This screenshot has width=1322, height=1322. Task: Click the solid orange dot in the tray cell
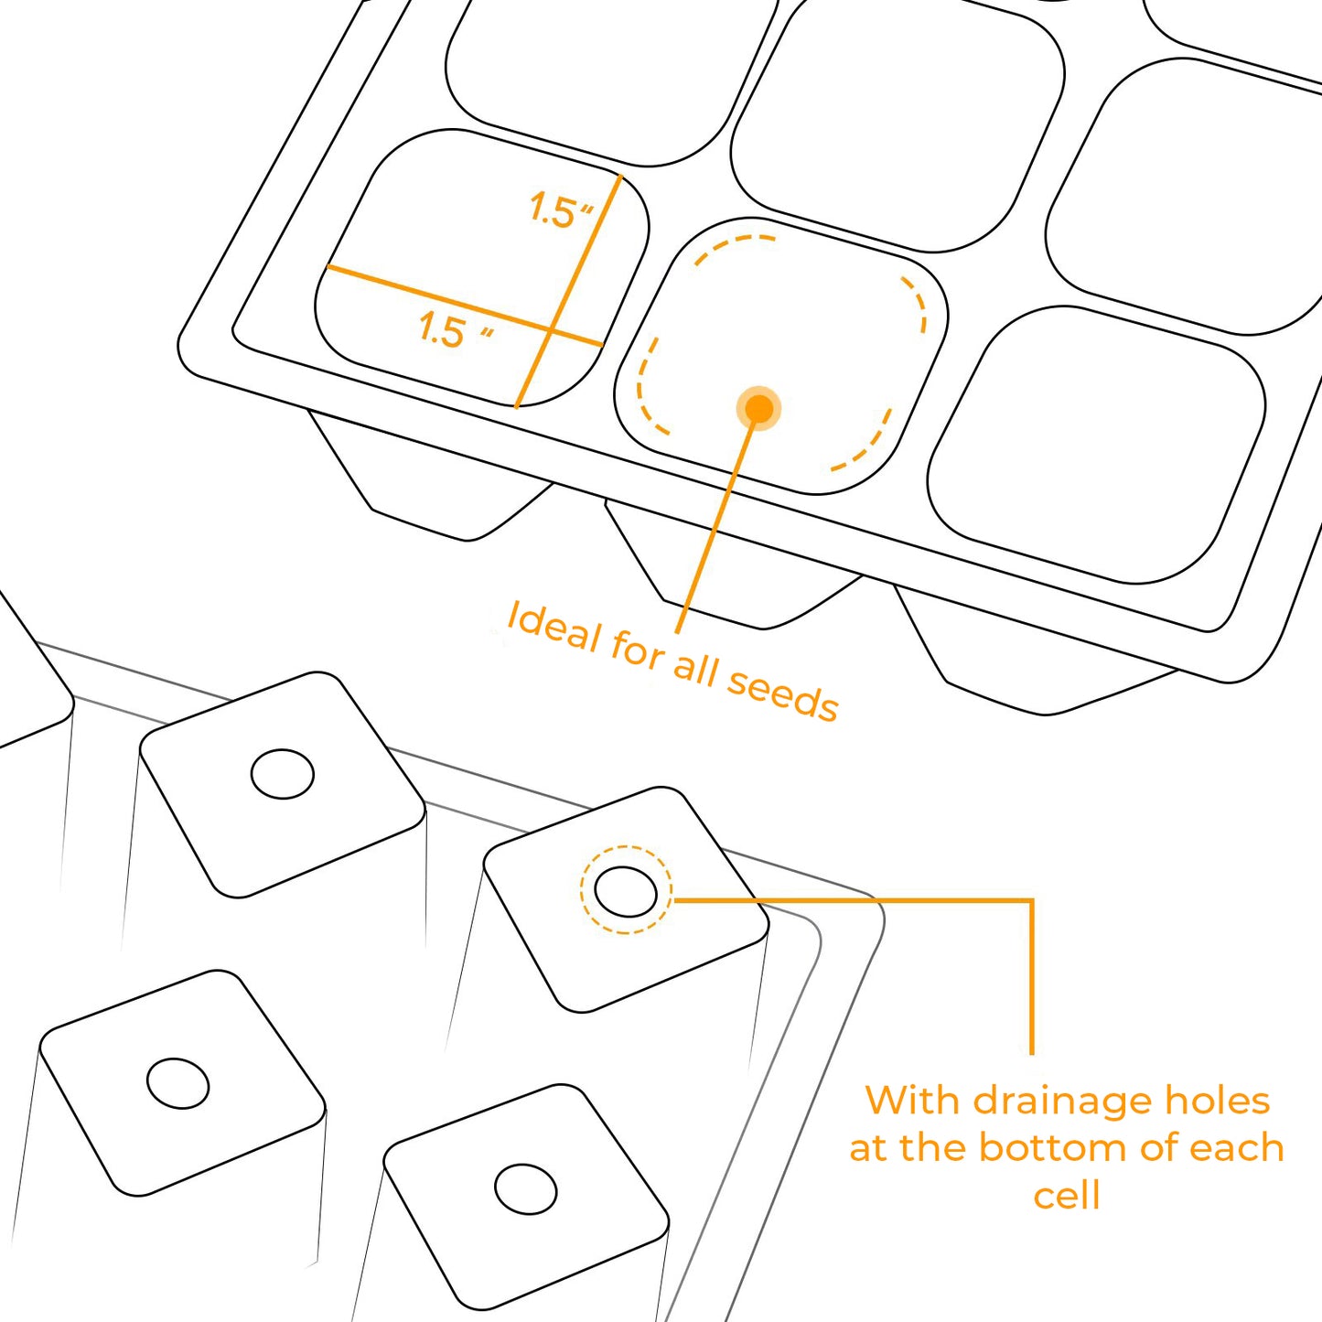[758, 410]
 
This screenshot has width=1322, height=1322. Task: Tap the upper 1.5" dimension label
[561, 210]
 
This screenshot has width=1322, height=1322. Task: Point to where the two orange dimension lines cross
[551, 330]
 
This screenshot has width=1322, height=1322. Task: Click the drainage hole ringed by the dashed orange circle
[625, 891]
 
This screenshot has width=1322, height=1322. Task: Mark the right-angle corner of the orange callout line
[1032, 899]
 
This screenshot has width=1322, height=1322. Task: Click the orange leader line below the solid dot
[716, 528]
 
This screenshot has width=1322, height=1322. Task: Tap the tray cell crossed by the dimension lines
[481, 268]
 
